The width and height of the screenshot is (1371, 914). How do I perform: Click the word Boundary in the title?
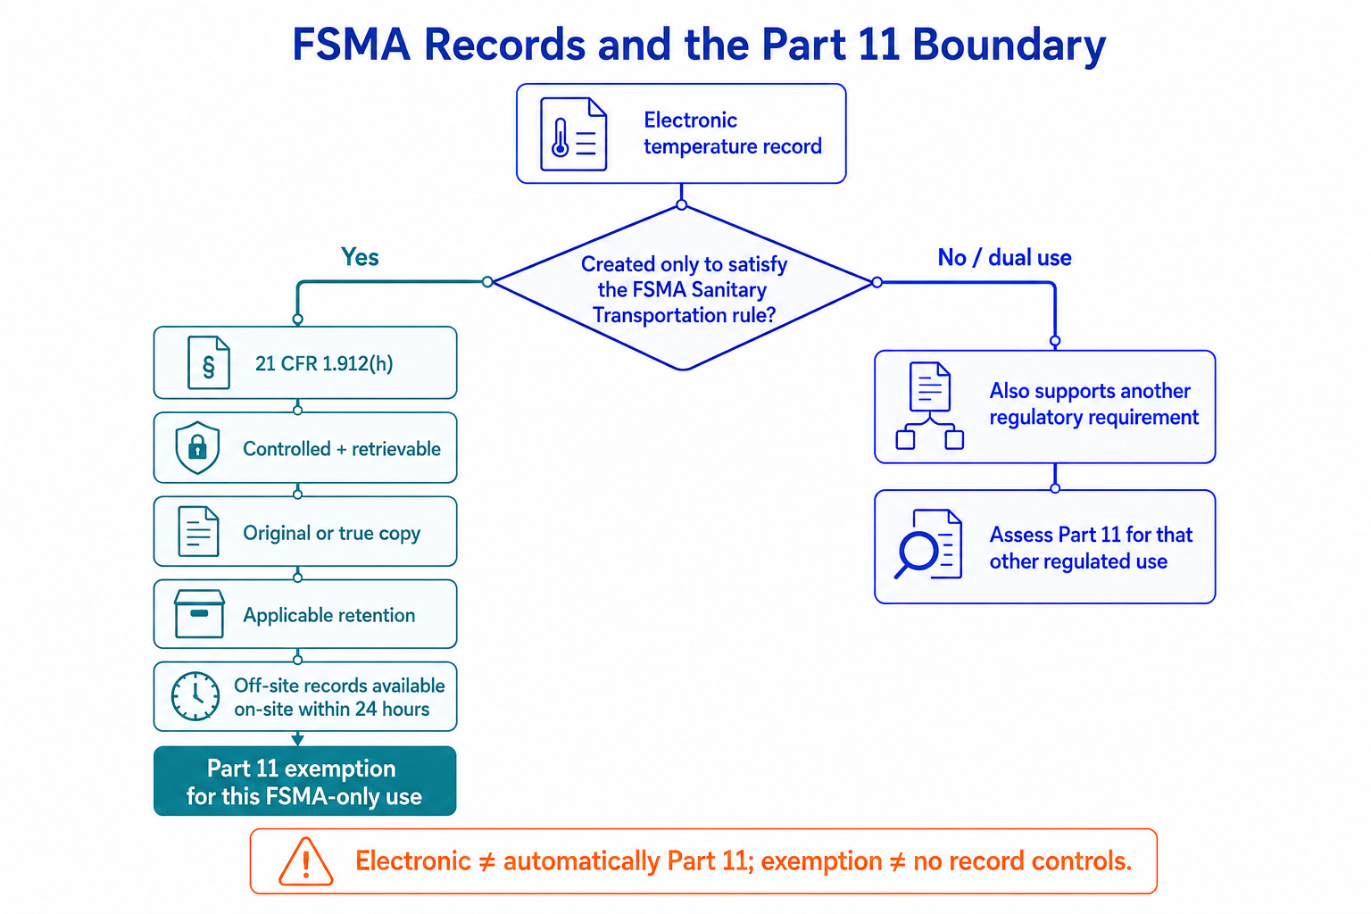click(1009, 46)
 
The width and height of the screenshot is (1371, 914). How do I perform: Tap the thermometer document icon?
click(574, 134)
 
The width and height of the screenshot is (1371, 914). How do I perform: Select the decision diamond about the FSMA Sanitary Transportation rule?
click(683, 287)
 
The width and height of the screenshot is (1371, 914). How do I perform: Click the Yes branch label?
click(360, 257)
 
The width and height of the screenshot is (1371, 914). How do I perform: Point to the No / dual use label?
click(1004, 258)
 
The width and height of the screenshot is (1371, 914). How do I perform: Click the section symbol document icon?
click(209, 362)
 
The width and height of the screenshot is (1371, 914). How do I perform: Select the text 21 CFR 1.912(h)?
click(324, 363)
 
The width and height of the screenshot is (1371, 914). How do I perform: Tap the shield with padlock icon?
click(197, 447)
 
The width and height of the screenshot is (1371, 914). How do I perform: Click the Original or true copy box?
click(304, 531)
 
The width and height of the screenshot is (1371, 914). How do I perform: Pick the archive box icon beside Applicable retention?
click(199, 614)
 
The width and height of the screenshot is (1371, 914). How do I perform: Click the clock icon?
click(195, 696)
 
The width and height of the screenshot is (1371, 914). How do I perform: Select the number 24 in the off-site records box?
click(366, 709)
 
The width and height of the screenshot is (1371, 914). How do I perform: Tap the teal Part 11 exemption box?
click(304, 780)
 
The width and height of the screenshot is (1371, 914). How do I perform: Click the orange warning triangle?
click(306, 862)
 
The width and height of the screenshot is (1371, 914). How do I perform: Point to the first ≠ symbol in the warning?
click(486, 862)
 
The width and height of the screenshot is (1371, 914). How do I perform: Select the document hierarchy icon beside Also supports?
click(930, 406)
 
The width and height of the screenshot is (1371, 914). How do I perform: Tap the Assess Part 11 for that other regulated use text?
click(1091, 548)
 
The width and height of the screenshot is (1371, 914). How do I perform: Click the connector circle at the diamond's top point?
click(681, 204)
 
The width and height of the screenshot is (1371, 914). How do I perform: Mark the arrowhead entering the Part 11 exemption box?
click(297, 740)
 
